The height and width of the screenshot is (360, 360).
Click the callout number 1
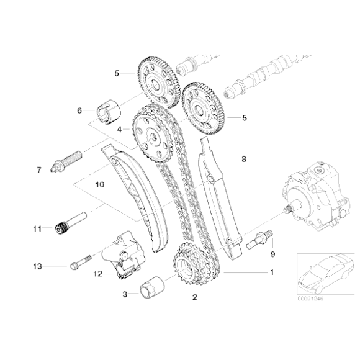pos(271,272)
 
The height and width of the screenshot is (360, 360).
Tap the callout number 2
pos(194,297)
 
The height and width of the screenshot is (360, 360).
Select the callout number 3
pos(126,294)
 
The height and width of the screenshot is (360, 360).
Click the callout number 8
pos(244,160)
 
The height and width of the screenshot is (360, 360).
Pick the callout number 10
pos(99,185)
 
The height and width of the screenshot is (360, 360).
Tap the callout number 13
pos(37,266)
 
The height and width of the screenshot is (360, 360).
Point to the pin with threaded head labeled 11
pos(68,226)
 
